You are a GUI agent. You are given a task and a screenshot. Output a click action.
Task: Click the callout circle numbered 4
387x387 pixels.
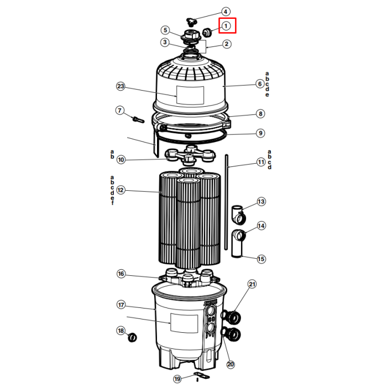[x=226, y=12]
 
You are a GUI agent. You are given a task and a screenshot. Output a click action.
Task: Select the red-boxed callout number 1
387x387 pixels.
[x=226, y=25]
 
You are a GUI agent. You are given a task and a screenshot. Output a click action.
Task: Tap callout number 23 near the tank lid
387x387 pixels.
[x=121, y=86]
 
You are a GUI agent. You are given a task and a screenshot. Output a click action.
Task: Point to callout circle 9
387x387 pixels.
[x=260, y=133]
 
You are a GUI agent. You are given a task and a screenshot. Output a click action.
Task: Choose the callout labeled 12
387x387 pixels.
[x=121, y=190]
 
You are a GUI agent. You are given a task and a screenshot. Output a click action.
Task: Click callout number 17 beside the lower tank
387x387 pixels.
[x=121, y=305]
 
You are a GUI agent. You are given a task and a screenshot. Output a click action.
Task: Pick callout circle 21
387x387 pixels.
[x=252, y=284]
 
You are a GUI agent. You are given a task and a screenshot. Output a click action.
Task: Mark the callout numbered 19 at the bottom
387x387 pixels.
[x=177, y=379]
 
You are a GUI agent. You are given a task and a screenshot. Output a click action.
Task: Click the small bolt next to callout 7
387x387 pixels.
[x=138, y=120]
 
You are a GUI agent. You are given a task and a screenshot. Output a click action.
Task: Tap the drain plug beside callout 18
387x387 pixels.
[x=133, y=337]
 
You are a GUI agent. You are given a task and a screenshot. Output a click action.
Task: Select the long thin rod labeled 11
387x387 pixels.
[x=226, y=202]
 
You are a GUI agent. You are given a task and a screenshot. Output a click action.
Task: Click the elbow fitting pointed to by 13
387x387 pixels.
[x=238, y=215]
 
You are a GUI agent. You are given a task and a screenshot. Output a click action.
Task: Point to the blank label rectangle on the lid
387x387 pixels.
[x=190, y=95]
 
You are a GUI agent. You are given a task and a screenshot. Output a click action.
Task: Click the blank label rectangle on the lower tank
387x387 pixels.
[x=184, y=323]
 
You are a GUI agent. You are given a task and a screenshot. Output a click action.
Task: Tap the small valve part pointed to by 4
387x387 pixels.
[x=191, y=22]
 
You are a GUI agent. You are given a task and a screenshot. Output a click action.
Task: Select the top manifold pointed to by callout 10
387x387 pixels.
[x=190, y=155]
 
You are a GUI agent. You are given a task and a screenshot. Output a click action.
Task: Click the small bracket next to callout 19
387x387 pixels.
[x=202, y=375]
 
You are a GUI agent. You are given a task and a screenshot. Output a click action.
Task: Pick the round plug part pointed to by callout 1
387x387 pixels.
[x=207, y=32]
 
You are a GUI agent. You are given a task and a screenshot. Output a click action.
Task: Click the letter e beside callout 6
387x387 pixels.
[x=267, y=95]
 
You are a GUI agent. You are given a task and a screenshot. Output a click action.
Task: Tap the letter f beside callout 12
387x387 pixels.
[x=113, y=203]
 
